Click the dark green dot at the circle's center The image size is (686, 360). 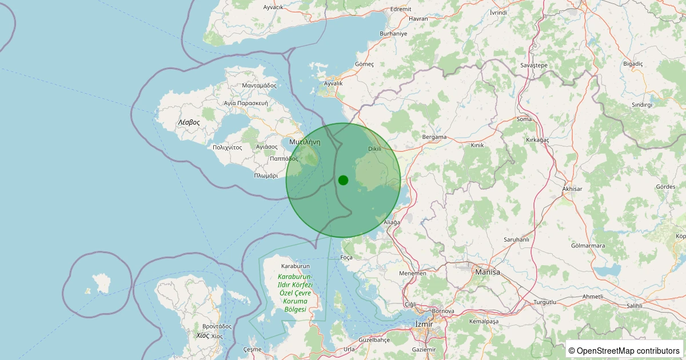[343, 180]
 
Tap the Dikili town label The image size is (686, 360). [374, 149]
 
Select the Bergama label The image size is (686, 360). [434, 137]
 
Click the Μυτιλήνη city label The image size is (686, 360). [304, 141]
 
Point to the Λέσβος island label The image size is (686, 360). [188, 122]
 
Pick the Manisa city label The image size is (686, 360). [487, 272]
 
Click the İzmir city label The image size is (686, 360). [423, 324]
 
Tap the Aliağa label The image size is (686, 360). [392, 222]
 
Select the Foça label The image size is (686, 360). [346, 257]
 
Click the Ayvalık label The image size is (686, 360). [333, 83]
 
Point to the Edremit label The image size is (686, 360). [400, 9]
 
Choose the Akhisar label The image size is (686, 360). [572, 189]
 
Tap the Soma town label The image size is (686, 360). [524, 119]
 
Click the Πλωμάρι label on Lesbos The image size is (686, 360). [266, 176]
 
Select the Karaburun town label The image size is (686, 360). [296, 266]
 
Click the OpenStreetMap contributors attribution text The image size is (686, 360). [625, 350]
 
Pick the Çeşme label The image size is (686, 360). [252, 349]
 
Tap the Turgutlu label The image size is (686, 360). [544, 302]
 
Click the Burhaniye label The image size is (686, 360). [393, 34]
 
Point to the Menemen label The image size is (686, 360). [413, 273]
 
